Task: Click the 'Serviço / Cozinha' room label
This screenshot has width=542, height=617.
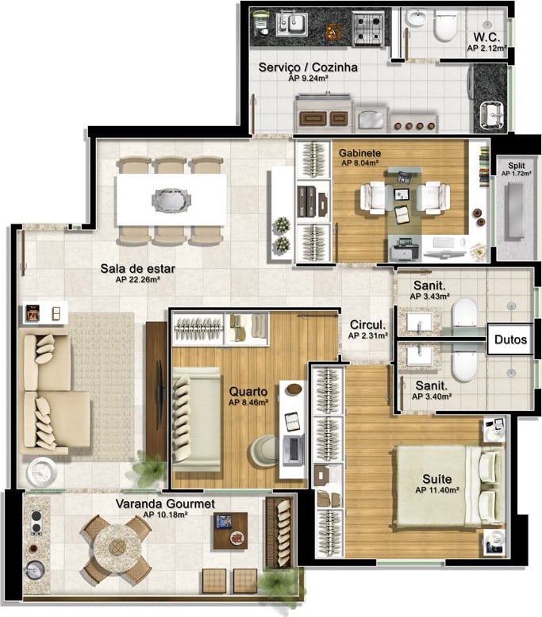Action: pyautogui.click(x=308, y=67)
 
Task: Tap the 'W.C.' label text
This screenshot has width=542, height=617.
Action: pyautogui.click(x=486, y=37)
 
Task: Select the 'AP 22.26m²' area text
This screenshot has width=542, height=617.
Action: pyautogui.click(x=137, y=279)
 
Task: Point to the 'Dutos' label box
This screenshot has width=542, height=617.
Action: pyautogui.click(x=510, y=339)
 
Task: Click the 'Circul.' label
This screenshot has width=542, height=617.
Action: pyautogui.click(x=367, y=324)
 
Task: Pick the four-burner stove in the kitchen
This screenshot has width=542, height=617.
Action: pyautogui.click(x=368, y=28)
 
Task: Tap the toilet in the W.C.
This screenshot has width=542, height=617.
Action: pyautogui.click(x=445, y=26)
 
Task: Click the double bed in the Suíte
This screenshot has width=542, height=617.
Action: pyautogui.click(x=448, y=486)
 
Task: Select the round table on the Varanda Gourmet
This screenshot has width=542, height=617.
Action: pyautogui.click(x=117, y=546)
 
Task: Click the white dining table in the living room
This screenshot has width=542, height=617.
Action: pyautogui.click(x=171, y=200)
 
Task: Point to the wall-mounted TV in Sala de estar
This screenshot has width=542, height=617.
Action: pyautogui.click(x=160, y=393)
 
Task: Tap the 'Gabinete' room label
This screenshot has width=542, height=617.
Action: pyautogui.click(x=359, y=153)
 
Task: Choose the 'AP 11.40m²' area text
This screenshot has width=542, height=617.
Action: pyautogui.click(x=437, y=490)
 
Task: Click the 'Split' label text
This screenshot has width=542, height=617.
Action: pyautogui.click(x=516, y=166)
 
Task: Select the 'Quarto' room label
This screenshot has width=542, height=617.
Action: pyautogui.click(x=248, y=392)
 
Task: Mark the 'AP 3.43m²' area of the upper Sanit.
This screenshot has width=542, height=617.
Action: pyautogui.click(x=430, y=297)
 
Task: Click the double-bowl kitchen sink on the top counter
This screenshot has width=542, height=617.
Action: pyautogui.click(x=292, y=23)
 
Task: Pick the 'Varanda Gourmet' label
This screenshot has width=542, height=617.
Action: pyautogui.click(x=165, y=504)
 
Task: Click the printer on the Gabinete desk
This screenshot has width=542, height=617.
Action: pyautogui.click(x=404, y=249)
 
